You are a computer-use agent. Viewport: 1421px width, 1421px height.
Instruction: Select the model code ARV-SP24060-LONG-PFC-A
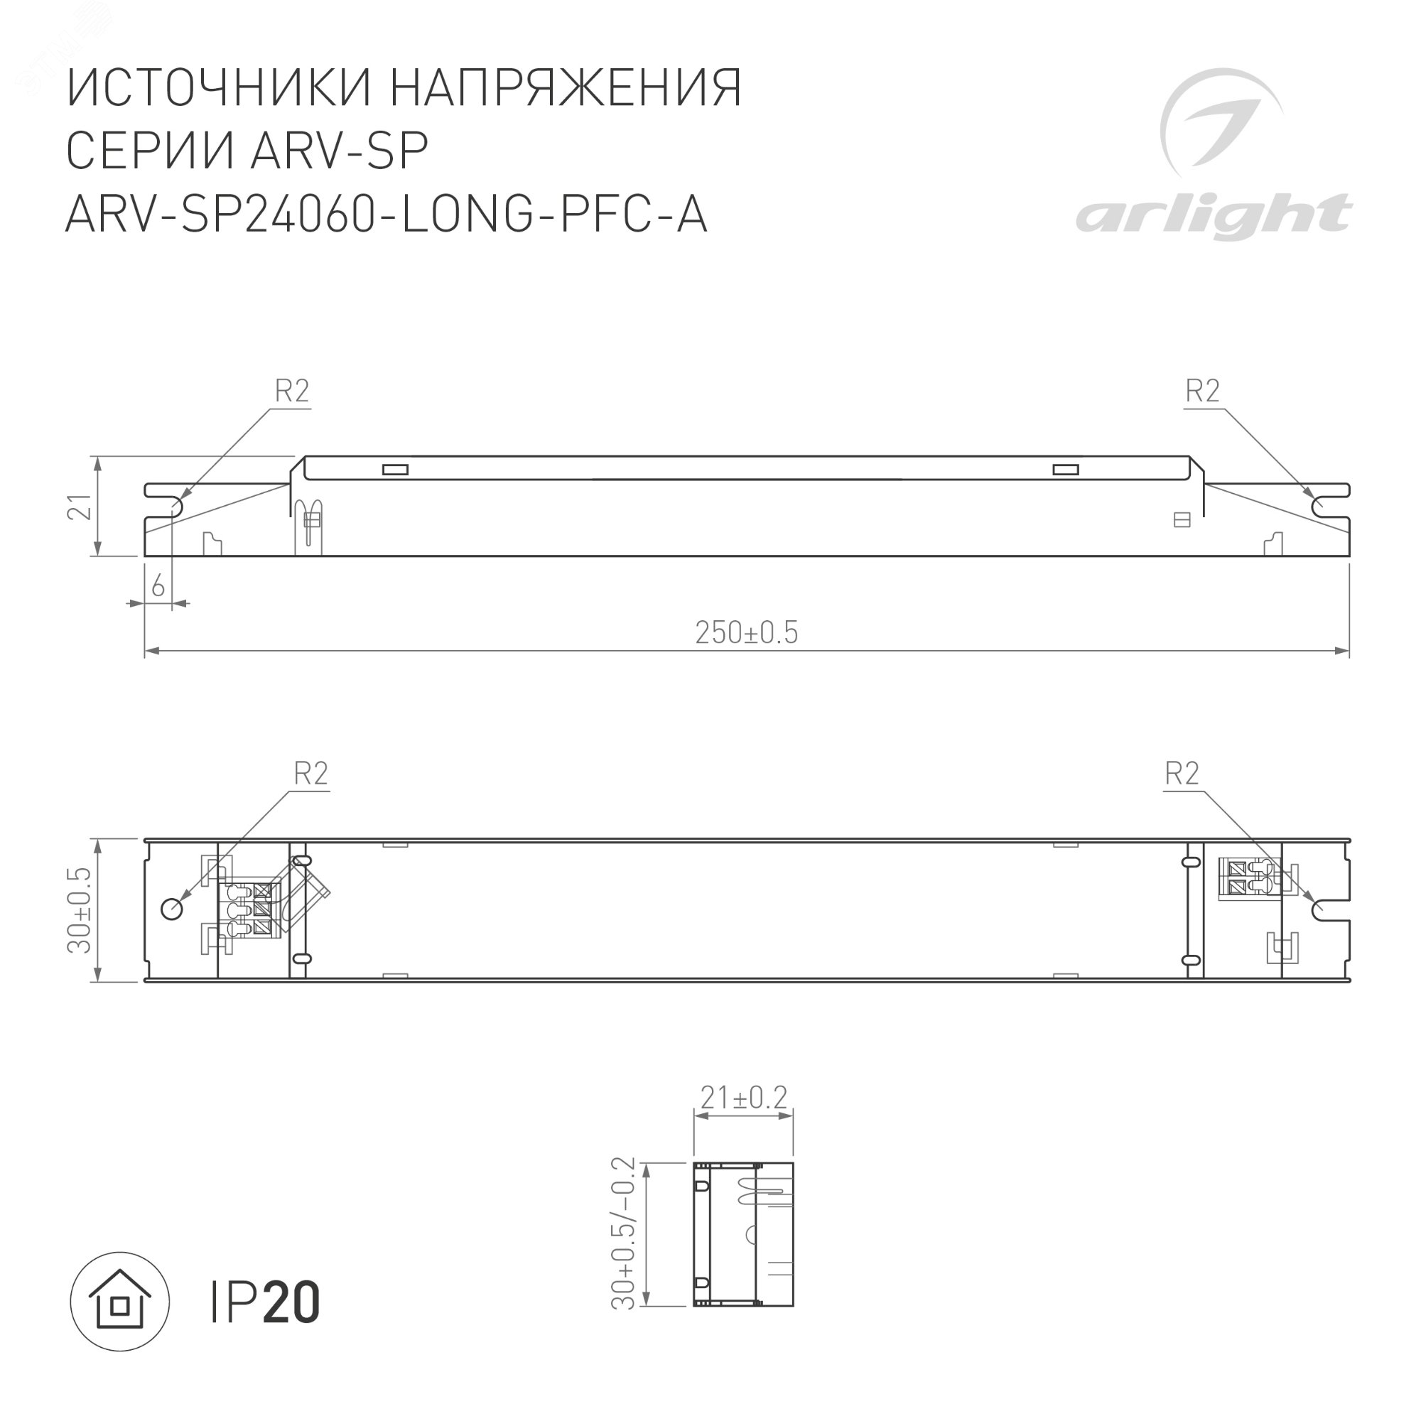click(x=386, y=215)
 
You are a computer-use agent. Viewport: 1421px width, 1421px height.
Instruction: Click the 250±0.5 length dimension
click(x=746, y=633)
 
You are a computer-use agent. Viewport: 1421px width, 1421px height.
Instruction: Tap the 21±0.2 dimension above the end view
click(x=744, y=1119)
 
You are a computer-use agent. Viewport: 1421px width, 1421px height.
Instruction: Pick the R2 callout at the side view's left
click(x=292, y=391)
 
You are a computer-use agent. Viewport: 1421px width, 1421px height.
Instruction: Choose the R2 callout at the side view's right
click(x=1202, y=391)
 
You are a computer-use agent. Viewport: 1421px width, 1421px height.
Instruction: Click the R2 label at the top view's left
click(x=310, y=774)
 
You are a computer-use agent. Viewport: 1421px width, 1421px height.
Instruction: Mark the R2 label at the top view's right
click(x=1182, y=774)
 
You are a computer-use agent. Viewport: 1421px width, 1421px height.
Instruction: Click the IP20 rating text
click(x=266, y=1302)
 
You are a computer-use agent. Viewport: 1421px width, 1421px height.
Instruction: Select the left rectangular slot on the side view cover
click(x=395, y=470)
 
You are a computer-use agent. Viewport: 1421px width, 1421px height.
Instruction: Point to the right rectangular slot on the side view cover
click(x=1065, y=470)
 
